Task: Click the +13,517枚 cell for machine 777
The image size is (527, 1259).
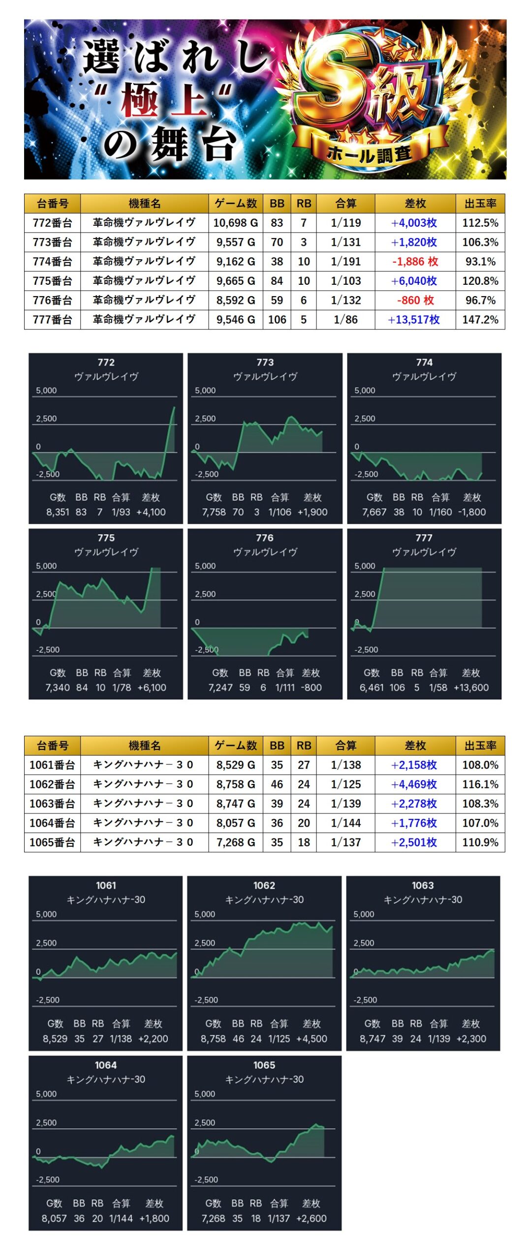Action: pos(414,320)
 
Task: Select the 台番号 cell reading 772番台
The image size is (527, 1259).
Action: pos(53,223)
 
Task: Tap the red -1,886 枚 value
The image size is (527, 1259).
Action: pos(414,262)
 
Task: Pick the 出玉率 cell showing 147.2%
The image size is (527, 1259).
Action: pos(480,320)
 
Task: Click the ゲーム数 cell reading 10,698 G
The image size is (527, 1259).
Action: pos(236,223)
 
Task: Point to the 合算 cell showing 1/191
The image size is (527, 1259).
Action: pos(345,262)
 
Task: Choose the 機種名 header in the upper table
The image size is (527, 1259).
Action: pos(145,203)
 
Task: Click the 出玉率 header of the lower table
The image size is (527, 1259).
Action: pos(480,746)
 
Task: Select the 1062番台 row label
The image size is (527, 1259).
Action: pos(53,784)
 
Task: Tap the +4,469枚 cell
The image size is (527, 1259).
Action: pos(414,784)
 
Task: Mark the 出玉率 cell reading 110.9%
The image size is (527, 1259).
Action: pos(480,842)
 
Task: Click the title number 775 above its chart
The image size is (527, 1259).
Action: pos(106,538)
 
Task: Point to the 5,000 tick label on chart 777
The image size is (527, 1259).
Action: pos(365,566)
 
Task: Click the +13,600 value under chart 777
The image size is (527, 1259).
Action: pos(471,688)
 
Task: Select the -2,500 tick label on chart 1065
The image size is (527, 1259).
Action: pos(205,1179)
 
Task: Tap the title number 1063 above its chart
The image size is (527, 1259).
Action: pos(423,885)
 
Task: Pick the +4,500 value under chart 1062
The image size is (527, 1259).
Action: pos(311,1038)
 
